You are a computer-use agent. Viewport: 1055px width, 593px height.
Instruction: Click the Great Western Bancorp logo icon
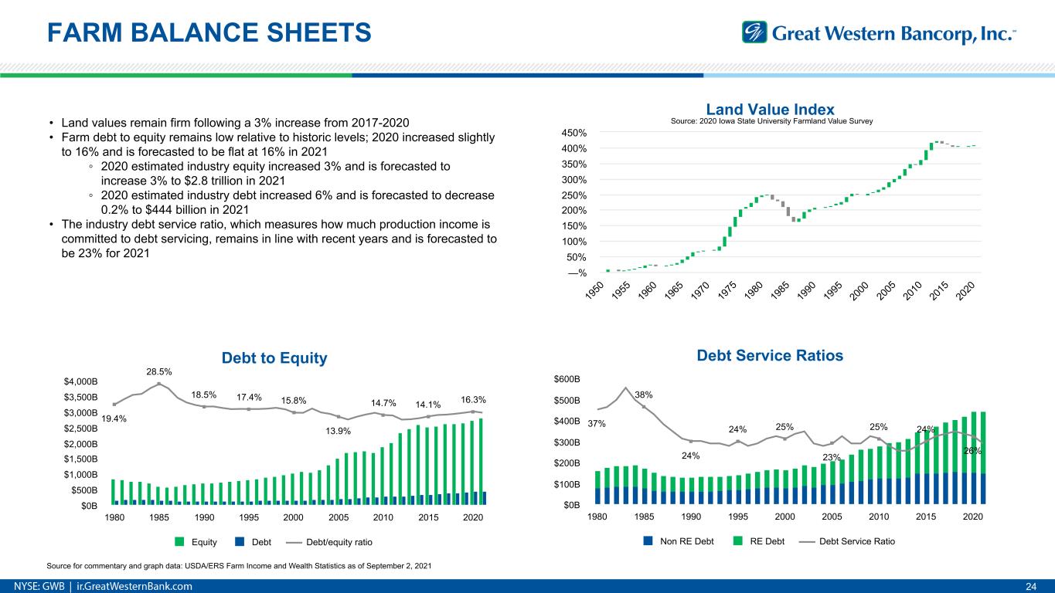pyautogui.click(x=754, y=32)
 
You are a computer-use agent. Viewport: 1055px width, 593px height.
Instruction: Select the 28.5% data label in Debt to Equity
pyautogui.click(x=158, y=372)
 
